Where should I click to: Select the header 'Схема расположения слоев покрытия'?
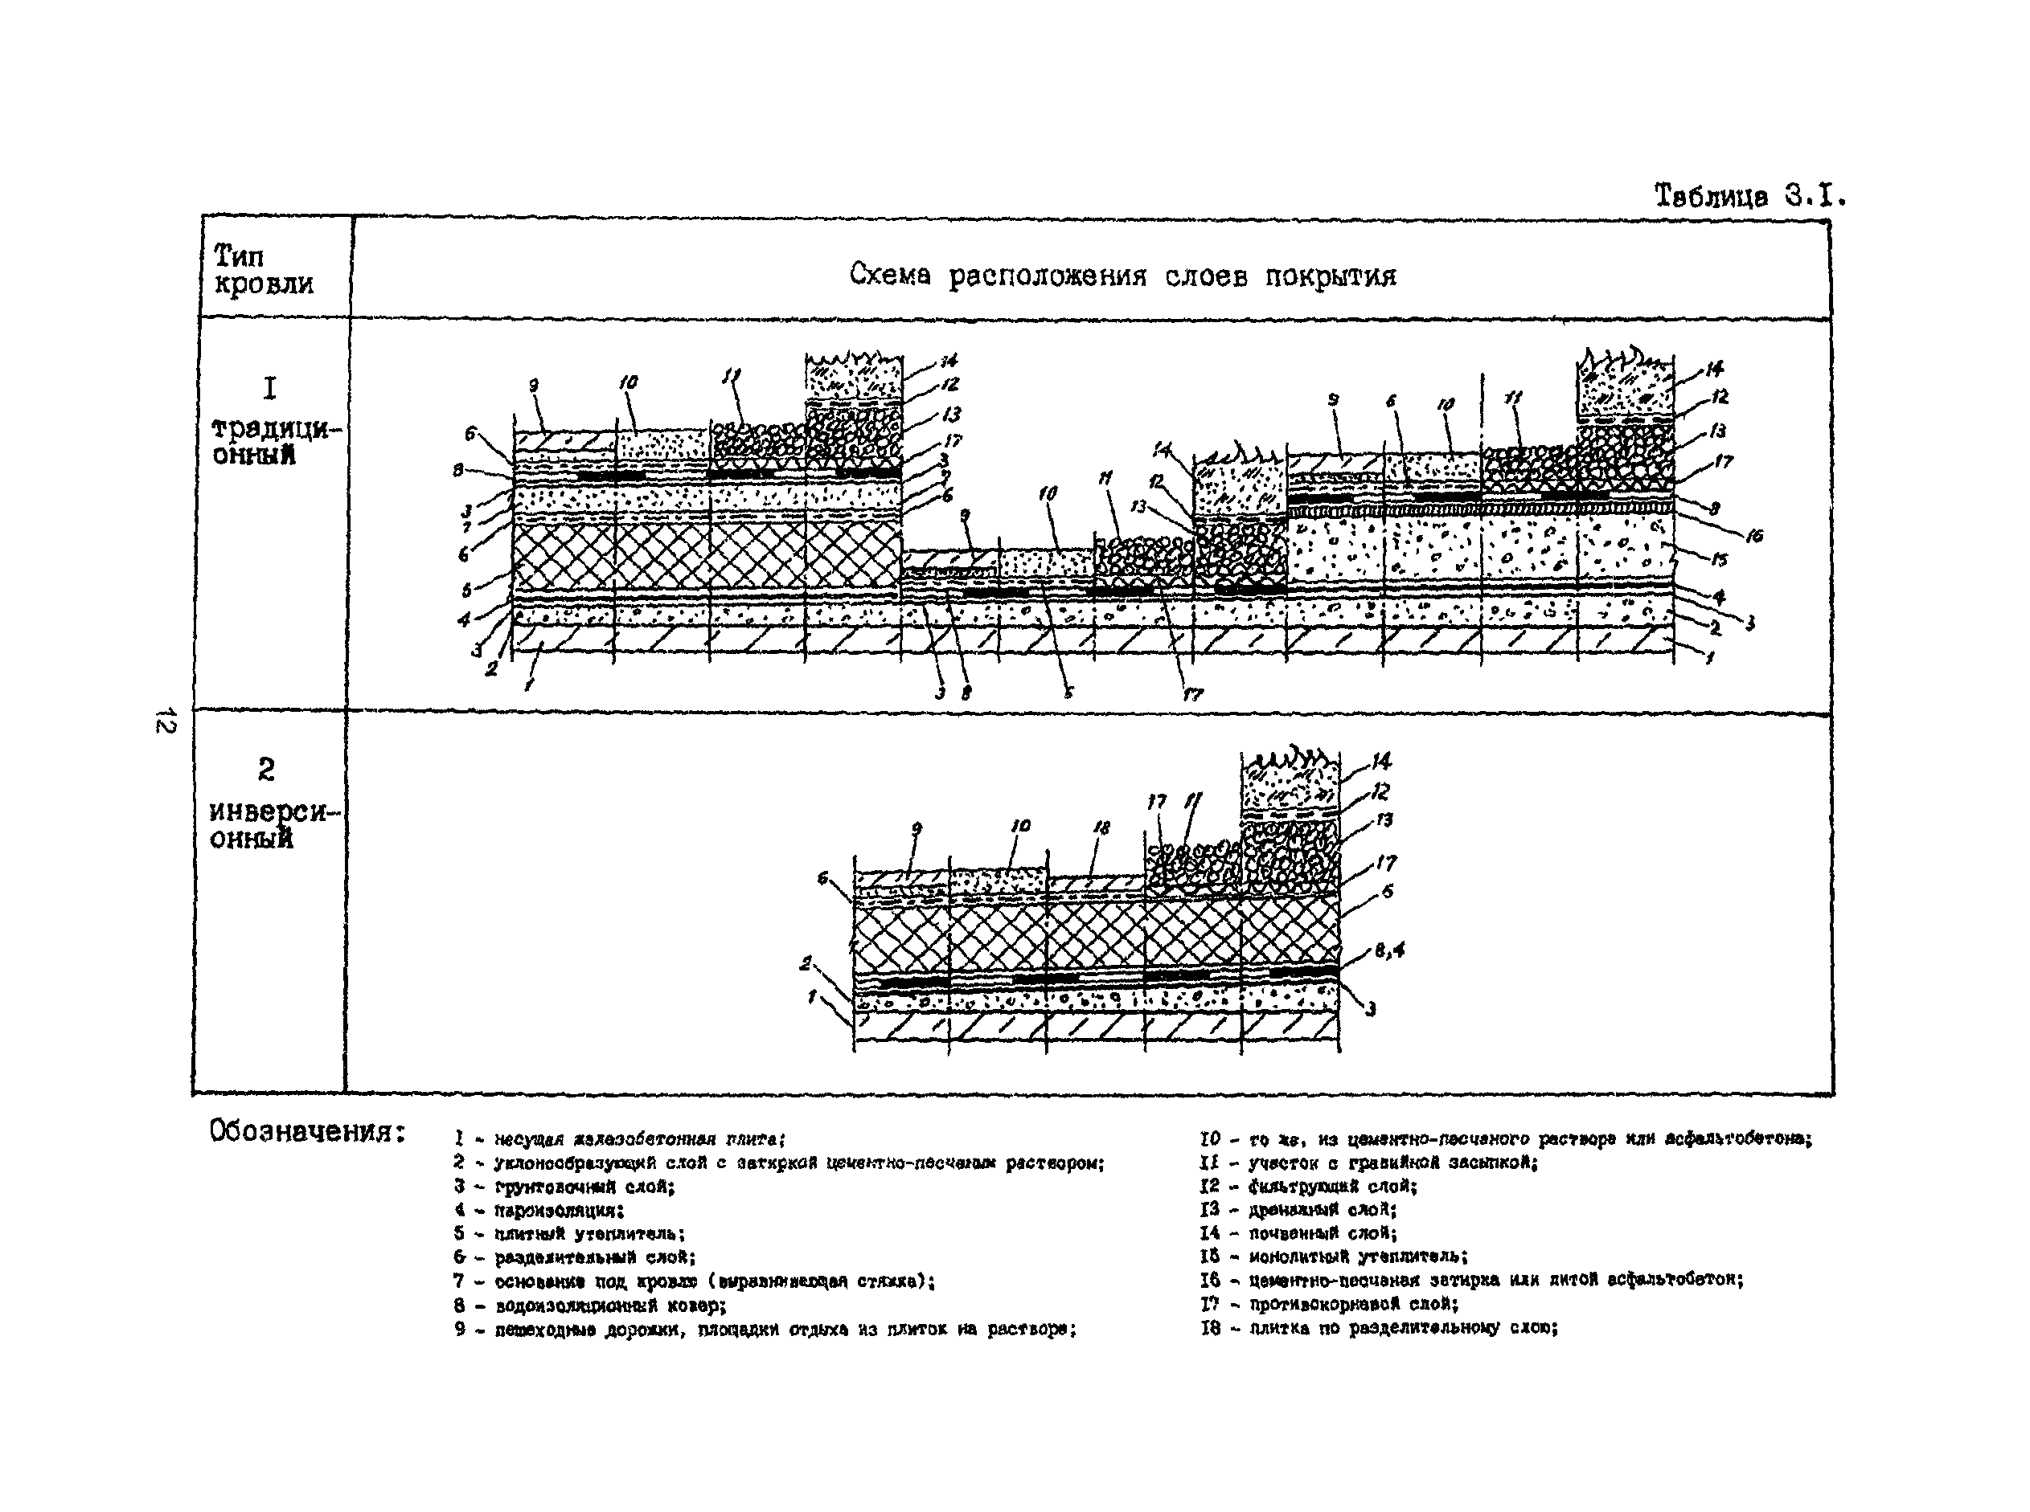[1122, 276]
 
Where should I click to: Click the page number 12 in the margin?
[165, 721]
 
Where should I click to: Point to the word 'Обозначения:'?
[307, 1131]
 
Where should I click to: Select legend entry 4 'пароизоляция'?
[539, 1210]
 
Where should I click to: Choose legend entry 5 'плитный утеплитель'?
[568, 1234]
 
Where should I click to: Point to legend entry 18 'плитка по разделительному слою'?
[1379, 1328]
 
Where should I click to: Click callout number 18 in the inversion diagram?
[1101, 828]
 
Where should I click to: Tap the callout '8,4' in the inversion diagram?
[1389, 952]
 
